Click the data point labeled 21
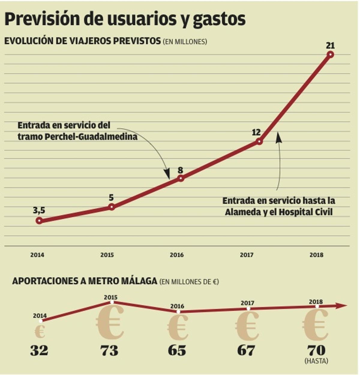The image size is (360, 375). [x=330, y=54]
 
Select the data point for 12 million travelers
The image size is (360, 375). [x=259, y=141]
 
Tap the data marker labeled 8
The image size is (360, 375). [x=181, y=178]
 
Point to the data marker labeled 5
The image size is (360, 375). [x=111, y=207]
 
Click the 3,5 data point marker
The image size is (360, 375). [x=39, y=221]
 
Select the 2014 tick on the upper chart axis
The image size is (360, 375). [x=37, y=255]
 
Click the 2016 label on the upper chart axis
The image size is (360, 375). [x=177, y=255]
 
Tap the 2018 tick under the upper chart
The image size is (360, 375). [x=316, y=255]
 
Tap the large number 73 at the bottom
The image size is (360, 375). [x=109, y=350]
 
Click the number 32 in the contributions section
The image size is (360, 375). [x=39, y=350]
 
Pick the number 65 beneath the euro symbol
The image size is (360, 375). [x=177, y=350]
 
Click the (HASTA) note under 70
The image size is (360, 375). [x=316, y=361]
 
